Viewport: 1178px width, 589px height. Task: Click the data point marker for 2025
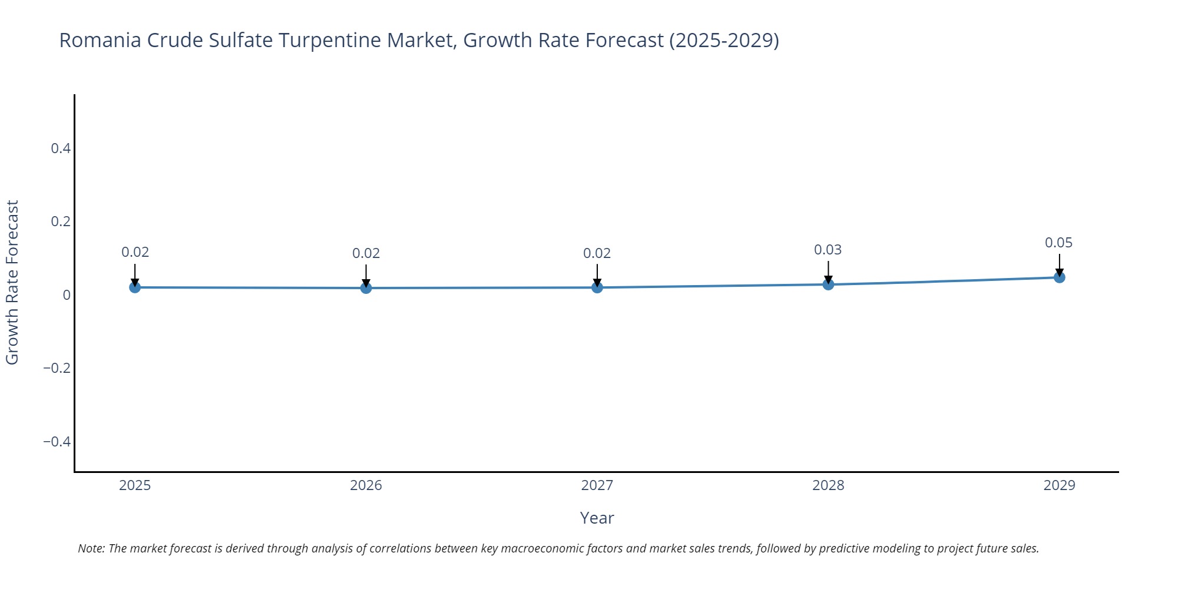[x=135, y=287]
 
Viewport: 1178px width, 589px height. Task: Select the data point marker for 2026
[x=366, y=288]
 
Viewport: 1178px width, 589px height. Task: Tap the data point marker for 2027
[x=597, y=287]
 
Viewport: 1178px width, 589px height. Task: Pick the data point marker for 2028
[x=828, y=284]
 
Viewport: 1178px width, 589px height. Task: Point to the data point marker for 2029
[x=1059, y=277]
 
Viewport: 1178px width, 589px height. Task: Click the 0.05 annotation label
[x=1058, y=243]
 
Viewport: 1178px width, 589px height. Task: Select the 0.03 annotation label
[x=828, y=250]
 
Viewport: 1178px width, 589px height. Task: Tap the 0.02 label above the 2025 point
[x=135, y=252]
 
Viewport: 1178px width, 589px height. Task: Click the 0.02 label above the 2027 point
[x=597, y=253]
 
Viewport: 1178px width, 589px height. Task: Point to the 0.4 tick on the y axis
[x=61, y=148]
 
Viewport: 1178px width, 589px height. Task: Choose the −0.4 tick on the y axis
[x=57, y=442]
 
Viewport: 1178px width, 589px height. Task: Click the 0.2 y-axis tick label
[x=61, y=221]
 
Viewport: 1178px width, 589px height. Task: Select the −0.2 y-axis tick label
[x=57, y=368]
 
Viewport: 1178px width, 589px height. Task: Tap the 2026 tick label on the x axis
[x=366, y=485]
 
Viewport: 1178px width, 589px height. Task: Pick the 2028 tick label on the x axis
[x=828, y=485]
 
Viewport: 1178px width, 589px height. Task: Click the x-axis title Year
[x=597, y=518]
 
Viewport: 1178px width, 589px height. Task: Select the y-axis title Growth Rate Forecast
[x=12, y=283]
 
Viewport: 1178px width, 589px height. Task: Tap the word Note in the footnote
[x=91, y=548]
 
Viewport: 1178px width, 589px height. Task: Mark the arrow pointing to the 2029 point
[x=1059, y=264]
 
